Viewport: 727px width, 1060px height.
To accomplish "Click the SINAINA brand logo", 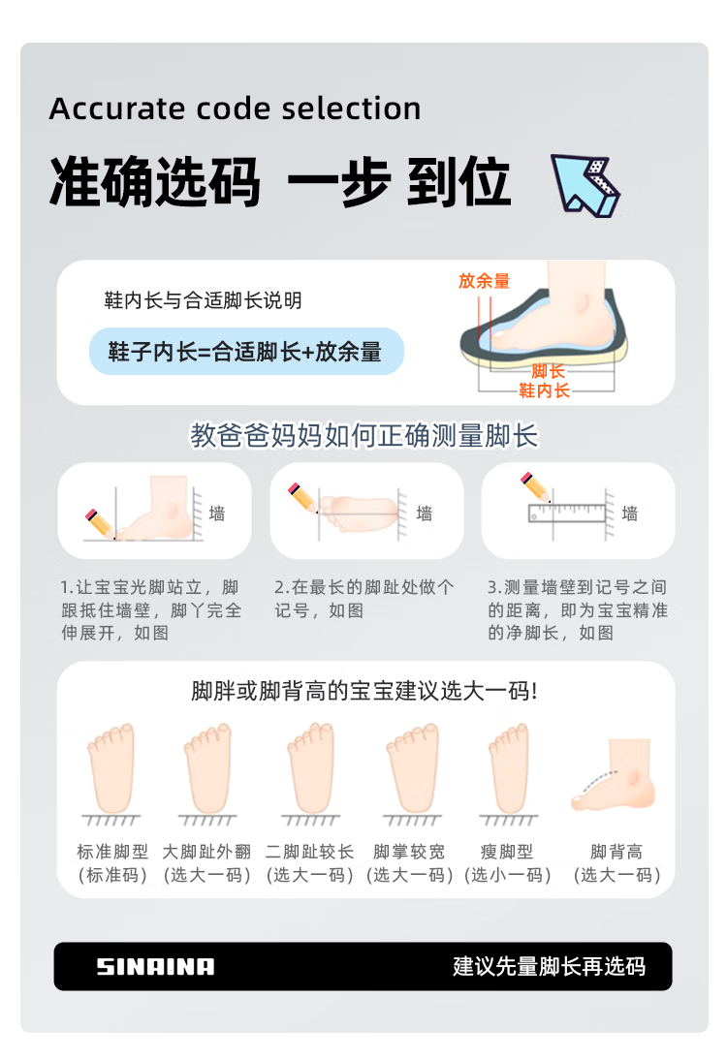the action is pos(155,966).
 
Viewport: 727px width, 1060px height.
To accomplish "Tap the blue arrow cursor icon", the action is pos(585,185).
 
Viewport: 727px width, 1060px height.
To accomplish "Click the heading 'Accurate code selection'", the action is pos(236,109).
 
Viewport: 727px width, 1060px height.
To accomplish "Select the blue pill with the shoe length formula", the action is pos(246,352).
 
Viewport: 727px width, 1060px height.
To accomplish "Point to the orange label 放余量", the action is pos(484,281).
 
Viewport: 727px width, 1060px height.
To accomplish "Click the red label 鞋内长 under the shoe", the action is pos(544,390).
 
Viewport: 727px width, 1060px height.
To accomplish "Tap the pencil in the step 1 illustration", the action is pos(100,523).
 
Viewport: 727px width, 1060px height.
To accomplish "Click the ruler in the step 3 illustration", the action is pos(567,513).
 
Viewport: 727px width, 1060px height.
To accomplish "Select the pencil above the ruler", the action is pos(535,486).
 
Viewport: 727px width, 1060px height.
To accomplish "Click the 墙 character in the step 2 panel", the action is pos(424,514).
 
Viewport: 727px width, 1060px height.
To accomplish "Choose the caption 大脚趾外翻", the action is pos(206,852).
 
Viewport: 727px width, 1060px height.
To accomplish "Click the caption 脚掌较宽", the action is pos(409,852).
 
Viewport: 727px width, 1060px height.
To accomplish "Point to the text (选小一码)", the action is pos(508,875).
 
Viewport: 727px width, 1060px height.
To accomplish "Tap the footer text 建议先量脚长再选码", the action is pos(550,967).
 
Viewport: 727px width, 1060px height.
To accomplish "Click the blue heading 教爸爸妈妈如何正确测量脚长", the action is pos(363,435).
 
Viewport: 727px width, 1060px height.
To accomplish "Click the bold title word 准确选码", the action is pos(155,182).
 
